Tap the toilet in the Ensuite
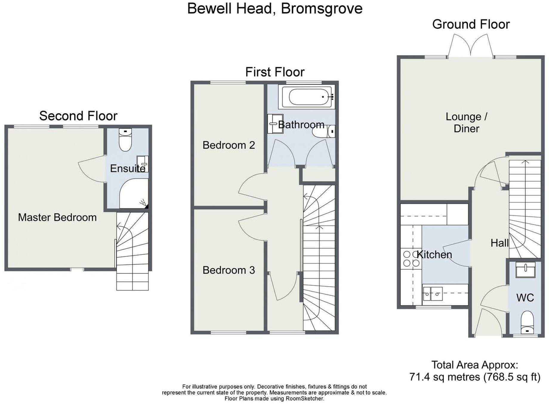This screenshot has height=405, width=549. [125, 140]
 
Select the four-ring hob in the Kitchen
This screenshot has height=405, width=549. [411, 259]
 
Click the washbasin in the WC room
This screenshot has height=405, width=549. [525, 270]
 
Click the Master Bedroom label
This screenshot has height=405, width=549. [57, 217]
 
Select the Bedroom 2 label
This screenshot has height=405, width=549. [229, 145]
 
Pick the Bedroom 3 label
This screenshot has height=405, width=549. [229, 270]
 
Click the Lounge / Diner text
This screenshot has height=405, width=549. [466, 123]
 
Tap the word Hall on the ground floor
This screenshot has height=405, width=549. [499, 243]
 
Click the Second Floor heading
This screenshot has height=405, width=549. [78, 116]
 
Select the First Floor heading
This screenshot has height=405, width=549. [275, 72]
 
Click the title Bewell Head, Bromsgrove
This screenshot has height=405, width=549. [275, 8]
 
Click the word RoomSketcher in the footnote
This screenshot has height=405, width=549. [305, 398]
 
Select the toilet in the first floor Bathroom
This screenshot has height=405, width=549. [323, 132]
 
